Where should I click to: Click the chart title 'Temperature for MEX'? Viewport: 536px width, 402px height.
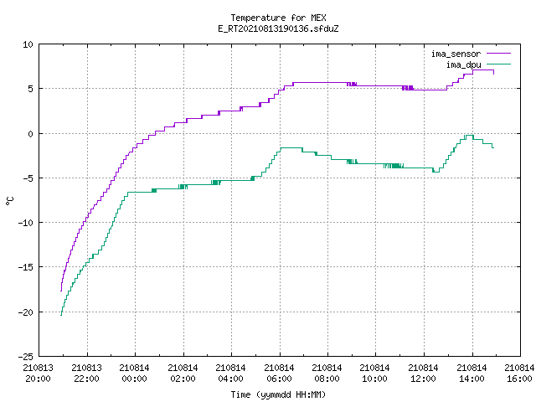[278, 18]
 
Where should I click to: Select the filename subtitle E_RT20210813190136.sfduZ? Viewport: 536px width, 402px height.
[278, 28]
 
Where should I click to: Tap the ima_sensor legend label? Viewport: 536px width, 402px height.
[456, 54]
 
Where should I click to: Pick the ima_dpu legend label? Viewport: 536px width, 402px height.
[463, 64]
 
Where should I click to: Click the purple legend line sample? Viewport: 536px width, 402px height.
[498, 54]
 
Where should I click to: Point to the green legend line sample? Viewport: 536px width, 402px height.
[498, 64]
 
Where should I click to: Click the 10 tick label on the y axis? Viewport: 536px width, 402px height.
[28, 44]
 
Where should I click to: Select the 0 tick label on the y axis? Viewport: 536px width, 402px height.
[31, 134]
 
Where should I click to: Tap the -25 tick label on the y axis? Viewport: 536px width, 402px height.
[26, 357]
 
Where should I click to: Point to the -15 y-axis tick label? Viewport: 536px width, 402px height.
[26, 267]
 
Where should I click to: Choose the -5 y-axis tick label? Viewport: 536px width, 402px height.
[28, 178]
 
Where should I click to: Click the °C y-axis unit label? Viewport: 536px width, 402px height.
[9, 201]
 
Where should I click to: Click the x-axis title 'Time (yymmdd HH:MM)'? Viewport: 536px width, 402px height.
[278, 394]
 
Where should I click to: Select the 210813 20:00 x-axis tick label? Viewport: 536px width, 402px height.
[39, 374]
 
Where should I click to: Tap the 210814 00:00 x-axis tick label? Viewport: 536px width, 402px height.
[134, 374]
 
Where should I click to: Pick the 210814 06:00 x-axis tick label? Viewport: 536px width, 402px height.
[279, 374]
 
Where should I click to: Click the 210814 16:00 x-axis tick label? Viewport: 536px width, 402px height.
[519, 374]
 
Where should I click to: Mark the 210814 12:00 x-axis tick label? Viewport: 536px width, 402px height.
[423, 374]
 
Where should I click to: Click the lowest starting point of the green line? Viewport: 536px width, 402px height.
[61, 315]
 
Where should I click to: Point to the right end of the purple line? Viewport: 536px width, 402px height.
[493, 74]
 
